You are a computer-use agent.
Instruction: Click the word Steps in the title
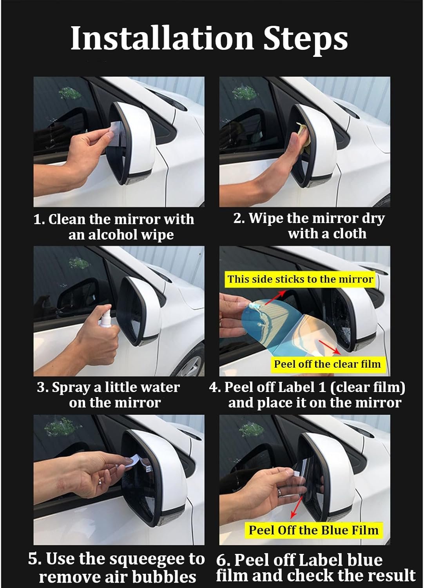click(305, 40)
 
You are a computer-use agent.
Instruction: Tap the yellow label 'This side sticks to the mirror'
click(300, 279)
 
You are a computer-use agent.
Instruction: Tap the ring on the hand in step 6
click(280, 492)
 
